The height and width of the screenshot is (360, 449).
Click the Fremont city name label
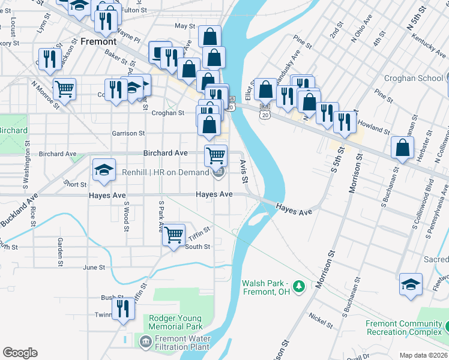click(98, 42)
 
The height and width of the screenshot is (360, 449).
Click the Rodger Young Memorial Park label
click(176, 323)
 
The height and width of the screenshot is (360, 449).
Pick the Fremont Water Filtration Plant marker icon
click(145, 341)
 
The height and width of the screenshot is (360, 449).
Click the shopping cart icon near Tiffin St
click(173, 234)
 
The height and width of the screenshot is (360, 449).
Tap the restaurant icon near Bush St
click(123, 308)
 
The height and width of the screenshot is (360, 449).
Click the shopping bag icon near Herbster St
click(402, 147)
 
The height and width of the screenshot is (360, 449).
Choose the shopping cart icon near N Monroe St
click(64, 88)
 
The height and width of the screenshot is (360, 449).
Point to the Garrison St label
click(128, 133)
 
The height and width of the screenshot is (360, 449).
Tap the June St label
click(94, 267)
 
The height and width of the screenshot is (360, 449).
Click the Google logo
click(20, 353)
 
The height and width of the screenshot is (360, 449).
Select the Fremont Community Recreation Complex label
click(403, 328)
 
